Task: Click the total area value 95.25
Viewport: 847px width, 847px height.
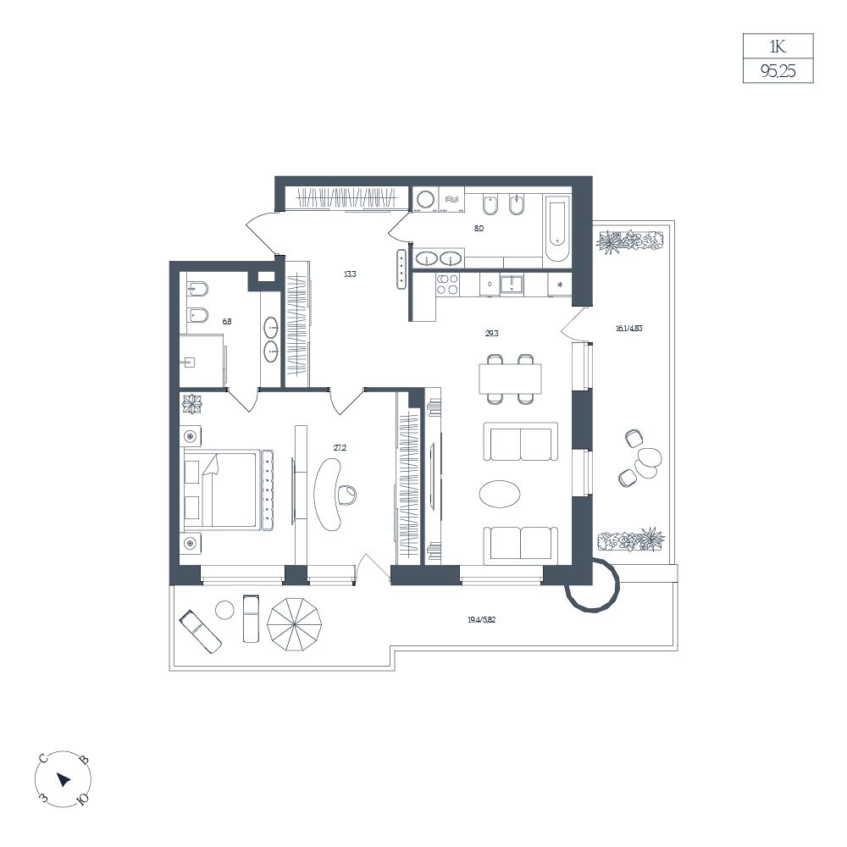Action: tap(778, 71)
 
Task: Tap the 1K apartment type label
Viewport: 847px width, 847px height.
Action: tap(778, 47)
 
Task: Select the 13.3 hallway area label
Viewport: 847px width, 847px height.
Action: tap(350, 274)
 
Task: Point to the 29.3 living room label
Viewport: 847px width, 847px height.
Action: tap(491, 333)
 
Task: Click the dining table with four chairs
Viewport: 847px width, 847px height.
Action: tap(510, 379)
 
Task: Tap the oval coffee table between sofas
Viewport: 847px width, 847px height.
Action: tap(501, 494)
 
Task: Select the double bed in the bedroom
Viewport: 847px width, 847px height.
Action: tap(228, 489)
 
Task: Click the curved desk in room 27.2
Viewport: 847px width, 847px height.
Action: tap(327, 494)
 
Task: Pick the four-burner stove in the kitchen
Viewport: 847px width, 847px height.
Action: tap(448, 284)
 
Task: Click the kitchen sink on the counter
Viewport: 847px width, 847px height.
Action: tap(511, 284)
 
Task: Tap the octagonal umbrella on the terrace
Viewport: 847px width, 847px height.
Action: tap(295, 624)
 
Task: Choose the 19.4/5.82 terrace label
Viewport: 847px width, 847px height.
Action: tap(481, 620)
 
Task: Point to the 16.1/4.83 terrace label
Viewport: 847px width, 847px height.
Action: tap(628, 328)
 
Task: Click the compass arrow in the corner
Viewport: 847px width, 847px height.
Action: tap(64, 779)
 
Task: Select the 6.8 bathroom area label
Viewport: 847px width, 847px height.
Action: tap(227, 321)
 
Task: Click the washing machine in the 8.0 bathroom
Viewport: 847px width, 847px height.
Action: tap(426, 199)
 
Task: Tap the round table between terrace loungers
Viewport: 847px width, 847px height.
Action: tap(224, 611)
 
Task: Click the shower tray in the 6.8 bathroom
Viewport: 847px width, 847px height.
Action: tap(201, 360)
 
